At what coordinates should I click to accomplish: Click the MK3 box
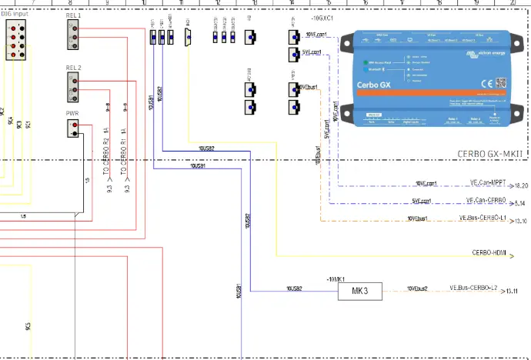[359, 292]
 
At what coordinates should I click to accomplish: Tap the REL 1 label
[74, 15]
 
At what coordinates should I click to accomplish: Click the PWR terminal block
[74, 128]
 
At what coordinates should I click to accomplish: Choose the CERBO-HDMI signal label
[487, 252]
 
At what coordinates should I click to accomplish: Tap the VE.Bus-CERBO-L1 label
[483, 218]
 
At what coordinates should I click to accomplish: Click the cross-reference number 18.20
[521, 185]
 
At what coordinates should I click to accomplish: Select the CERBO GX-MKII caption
[490, 154]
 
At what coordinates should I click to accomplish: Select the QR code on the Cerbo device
[500, 82]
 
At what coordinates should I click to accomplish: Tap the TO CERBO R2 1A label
[106, 150]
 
